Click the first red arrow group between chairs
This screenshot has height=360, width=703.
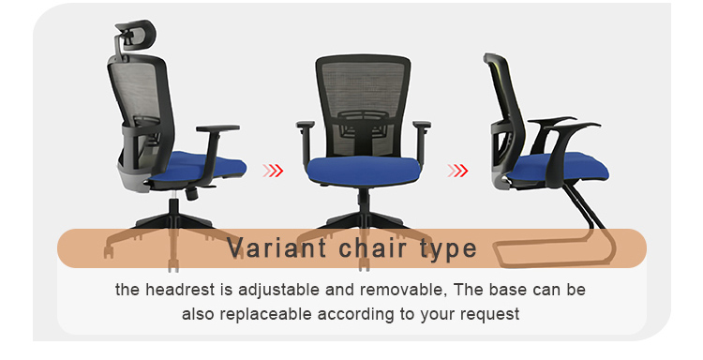(273, 171)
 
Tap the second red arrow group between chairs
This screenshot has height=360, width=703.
(457, 171)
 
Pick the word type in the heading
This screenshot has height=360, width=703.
(446, 249)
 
